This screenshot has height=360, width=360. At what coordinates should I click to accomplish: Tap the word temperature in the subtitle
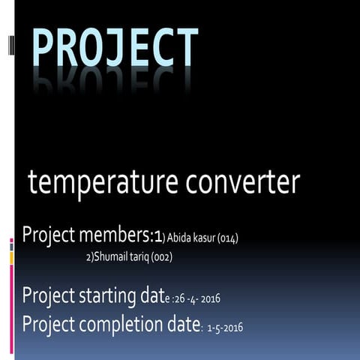(x=94, y=182)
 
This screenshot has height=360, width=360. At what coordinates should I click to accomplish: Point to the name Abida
(x=178, y=238)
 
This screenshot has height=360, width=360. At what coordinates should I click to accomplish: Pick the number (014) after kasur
(x=227, y=238)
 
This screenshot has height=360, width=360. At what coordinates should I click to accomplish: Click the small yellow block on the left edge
(x=11, y=258)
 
